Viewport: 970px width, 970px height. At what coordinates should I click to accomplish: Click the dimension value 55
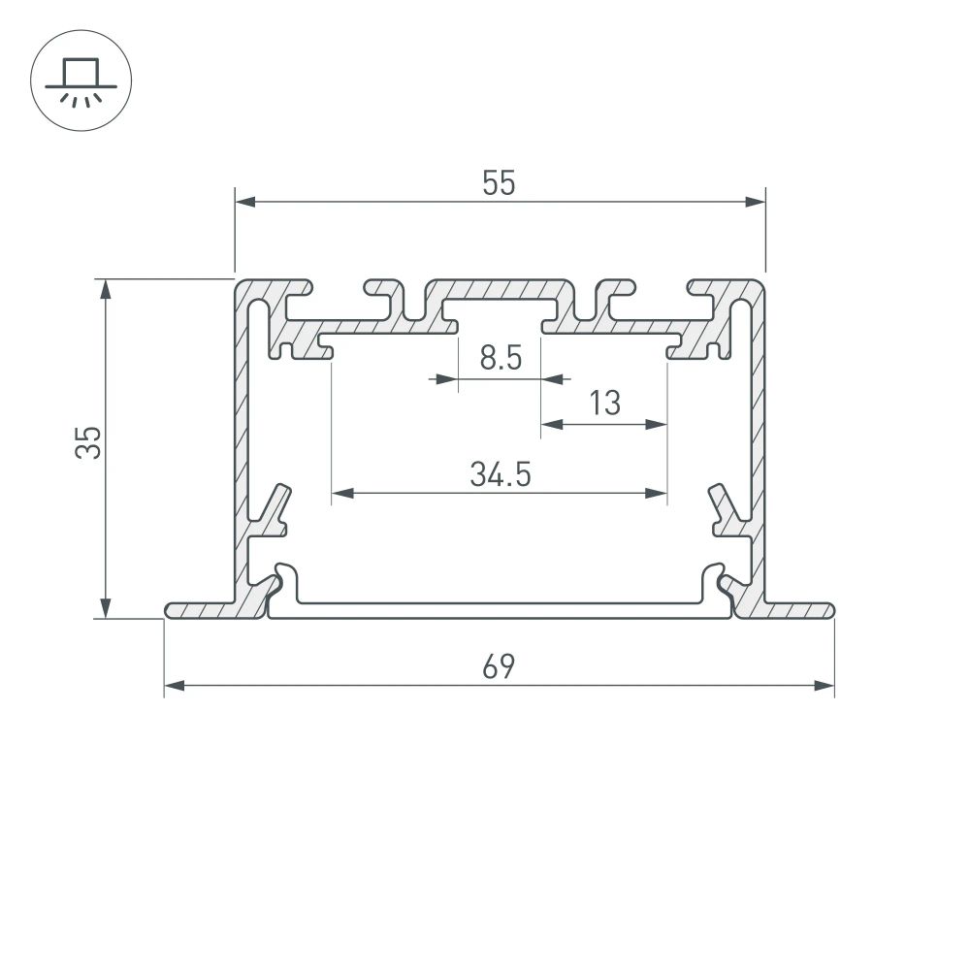[x=500, y=182]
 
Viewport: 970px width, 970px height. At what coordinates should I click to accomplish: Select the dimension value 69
[x=500, y=667]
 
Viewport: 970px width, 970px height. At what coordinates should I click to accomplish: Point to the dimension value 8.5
[x=501, y=359]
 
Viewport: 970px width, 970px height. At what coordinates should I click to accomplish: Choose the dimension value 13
[x=604, y=403]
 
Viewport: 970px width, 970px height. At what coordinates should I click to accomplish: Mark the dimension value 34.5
[x=500, y=474]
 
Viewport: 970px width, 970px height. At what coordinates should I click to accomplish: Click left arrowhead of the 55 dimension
[x=244, y=202]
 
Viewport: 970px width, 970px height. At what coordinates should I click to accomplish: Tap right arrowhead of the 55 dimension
[x=756, y=202]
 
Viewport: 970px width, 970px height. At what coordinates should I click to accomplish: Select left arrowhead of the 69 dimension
[x=174, y=687]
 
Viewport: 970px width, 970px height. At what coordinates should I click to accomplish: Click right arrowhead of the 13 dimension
[x=659, y=424]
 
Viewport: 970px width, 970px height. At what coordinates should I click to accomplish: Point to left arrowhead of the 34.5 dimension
[x=341, y=494]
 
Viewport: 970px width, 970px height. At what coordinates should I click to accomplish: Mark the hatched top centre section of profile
[x=500, y=290]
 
